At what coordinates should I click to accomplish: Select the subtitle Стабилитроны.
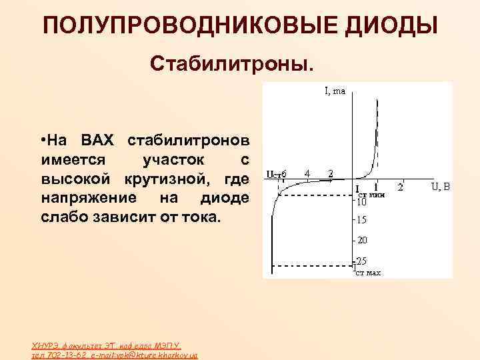(231, 65)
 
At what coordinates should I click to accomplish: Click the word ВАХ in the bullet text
(98, 141)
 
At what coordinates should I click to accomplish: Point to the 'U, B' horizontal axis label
(441, 186)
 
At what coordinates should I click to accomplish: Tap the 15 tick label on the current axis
(362, 220)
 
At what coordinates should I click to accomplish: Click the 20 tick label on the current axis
(362, 240)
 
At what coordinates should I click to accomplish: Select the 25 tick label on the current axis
(362, 261)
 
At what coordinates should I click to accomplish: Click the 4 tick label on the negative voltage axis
(307, 173)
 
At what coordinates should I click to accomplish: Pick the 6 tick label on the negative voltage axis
(285, 173)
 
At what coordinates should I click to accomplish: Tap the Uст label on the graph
(273, 174)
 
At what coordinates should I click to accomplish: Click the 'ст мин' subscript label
(369, 194)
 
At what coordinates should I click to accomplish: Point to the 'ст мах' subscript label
(368, 273)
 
